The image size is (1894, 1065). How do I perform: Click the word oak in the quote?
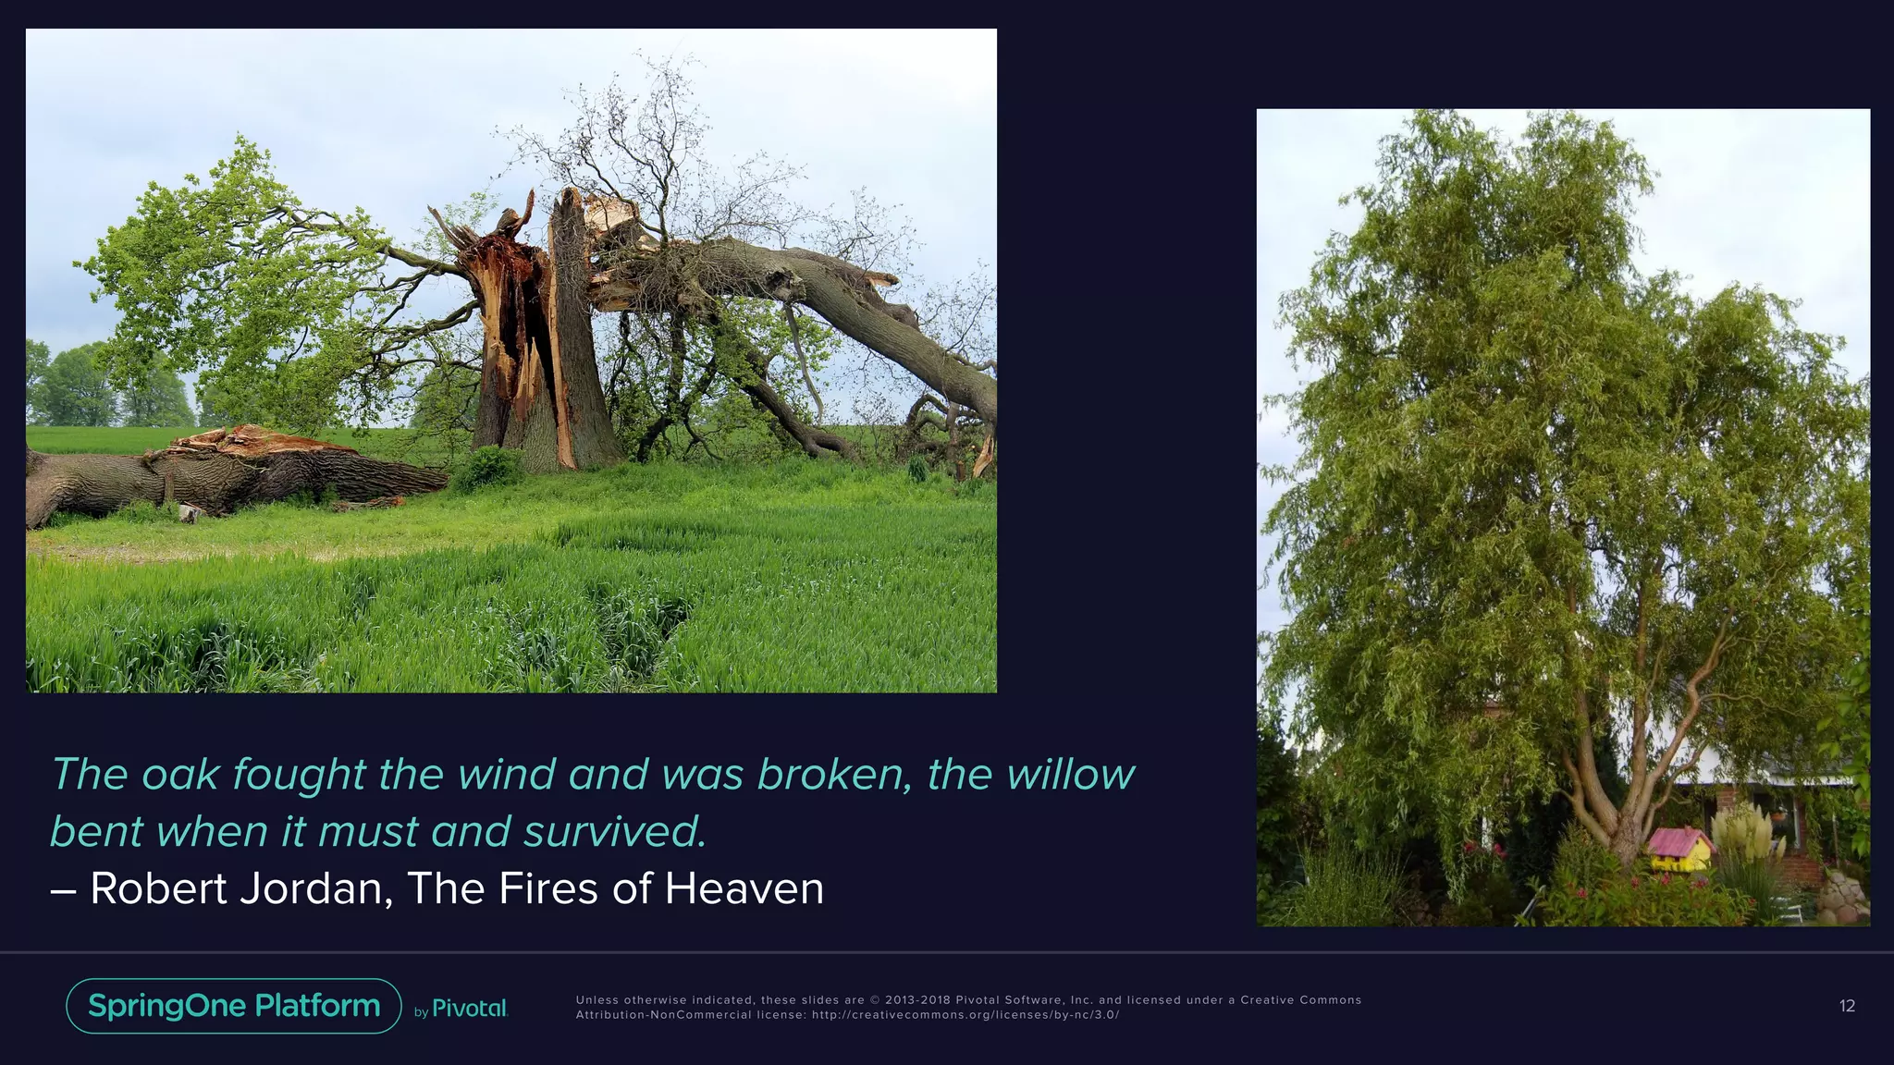click(x=180, y=775)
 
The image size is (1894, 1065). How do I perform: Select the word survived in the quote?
click(x=614, y=832)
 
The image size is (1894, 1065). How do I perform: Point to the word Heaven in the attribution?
click(x=744, y=889)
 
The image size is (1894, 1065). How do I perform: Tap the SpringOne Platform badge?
click(x=234, y=1006)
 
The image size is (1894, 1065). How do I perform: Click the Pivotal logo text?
click(x=470, y=1009)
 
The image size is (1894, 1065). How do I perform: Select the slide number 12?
click(x=1847, y=1007)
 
